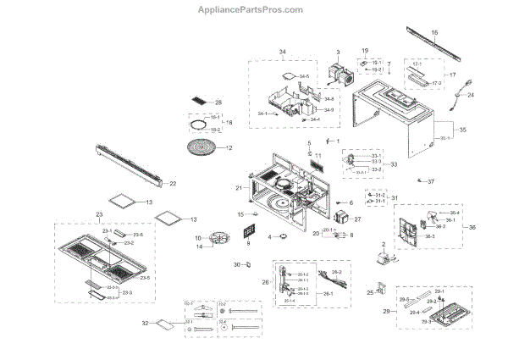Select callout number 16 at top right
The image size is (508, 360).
434,33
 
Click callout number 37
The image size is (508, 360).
430,182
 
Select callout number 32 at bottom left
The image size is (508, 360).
146,324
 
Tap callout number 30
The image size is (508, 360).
238,265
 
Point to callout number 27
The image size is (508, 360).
356,219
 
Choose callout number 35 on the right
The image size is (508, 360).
462,130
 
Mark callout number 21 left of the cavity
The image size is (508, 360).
239,187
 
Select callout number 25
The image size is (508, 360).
370,292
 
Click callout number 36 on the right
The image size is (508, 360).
472,227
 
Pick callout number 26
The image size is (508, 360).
265,283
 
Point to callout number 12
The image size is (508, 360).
228,147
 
